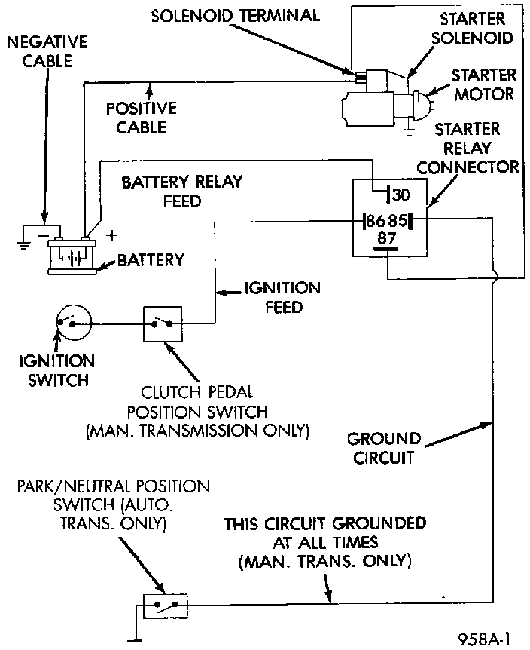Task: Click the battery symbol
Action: click(x=71, y=255)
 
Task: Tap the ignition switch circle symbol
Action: click(x=72, y=323)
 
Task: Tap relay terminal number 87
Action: click(x=387, y=240)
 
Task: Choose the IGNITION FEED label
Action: click(x=282, y=297)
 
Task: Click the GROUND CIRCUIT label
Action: click(x=384, y=447)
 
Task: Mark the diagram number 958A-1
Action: click(x=484, y=639)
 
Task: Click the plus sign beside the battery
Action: click(x=112, y=235)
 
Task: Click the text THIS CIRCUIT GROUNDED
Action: click(x=325, y=523)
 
